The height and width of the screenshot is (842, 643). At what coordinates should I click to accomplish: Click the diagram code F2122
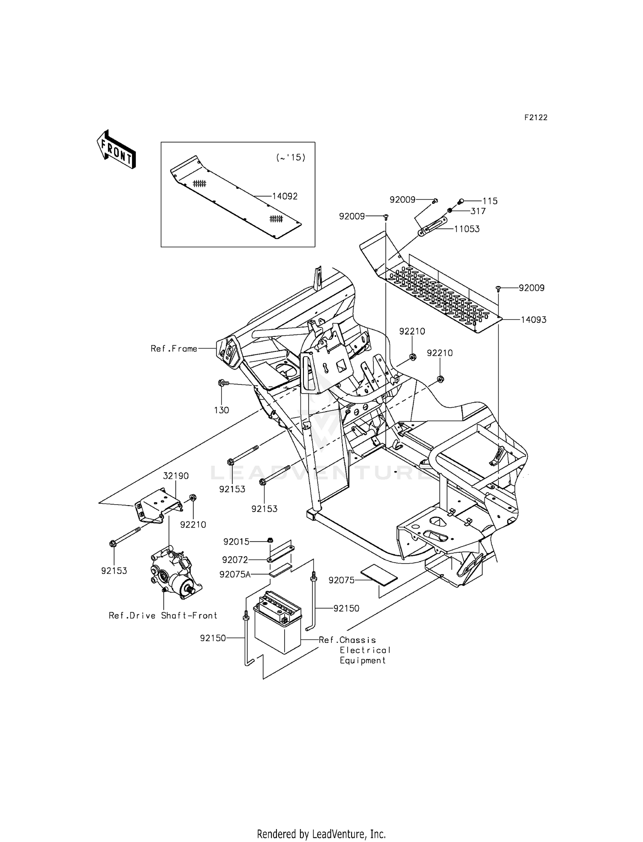click(536, 118)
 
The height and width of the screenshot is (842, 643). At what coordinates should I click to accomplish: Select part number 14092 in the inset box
click(285, 196)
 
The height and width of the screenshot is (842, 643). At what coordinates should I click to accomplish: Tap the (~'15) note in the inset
click(291, 157)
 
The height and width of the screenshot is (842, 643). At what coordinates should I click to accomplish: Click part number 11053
click(467, 229)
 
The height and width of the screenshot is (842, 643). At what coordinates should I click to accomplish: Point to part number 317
click(478, 211)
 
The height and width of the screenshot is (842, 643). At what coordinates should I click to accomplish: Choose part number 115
click(490, 201)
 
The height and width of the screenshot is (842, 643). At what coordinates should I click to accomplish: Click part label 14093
click(533, 320)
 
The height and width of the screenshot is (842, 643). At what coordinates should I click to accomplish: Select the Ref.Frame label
click(174, 348)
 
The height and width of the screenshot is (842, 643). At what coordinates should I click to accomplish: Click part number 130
click(222, 410)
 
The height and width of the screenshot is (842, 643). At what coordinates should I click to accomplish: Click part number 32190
click(176, 476)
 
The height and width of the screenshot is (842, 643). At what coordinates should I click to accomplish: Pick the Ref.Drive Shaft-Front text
click(163, 615)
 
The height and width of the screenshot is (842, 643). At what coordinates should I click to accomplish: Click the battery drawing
click(278, 619)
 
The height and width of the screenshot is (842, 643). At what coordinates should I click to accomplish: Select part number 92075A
click(235, 574)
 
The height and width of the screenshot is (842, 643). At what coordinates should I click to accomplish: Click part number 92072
click(235, 560)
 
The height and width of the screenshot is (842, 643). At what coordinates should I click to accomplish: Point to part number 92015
click(236, 542)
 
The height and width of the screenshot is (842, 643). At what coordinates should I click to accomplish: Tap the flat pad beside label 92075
click(379, 575)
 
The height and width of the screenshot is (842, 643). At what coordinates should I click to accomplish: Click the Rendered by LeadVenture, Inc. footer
click(321, 834)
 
